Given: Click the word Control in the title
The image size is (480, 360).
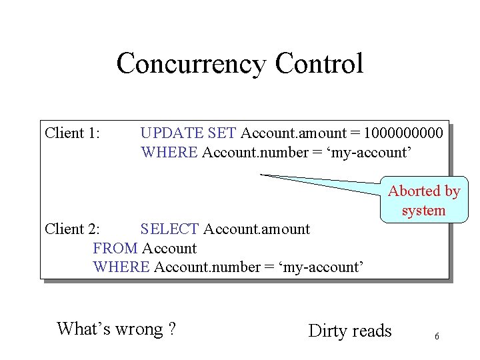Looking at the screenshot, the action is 319,64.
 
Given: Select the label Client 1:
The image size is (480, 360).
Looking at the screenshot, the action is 72,133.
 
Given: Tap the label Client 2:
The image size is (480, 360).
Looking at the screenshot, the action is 72,229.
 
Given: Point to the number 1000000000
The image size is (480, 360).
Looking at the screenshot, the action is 405,133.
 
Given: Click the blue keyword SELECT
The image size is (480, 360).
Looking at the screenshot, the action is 169,229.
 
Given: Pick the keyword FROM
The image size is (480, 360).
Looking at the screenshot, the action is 115,249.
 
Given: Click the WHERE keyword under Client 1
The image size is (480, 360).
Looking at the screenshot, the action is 169,153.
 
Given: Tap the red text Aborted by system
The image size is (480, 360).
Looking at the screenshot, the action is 424,201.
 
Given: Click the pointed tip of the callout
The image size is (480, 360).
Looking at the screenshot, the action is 261,174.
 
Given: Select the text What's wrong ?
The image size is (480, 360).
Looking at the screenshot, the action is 116,329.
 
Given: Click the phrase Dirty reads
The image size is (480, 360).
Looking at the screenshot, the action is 350,331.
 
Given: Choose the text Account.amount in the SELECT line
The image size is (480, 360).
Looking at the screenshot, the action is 257,229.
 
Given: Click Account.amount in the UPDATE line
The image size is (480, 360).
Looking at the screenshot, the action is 293,133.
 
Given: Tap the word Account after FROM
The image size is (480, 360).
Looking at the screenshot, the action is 169,249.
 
